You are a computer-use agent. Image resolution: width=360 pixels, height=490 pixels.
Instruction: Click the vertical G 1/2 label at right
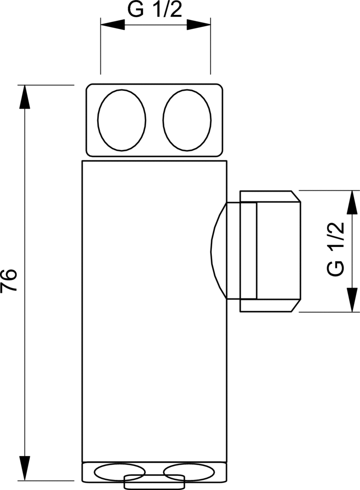click(x=336, y=248)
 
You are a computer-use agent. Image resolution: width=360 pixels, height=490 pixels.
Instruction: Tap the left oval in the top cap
click(x=121, y=120)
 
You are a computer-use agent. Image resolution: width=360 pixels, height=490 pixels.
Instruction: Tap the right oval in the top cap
click(x=187, y=120)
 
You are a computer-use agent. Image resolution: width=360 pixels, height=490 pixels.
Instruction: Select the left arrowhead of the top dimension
click(x=112, y=25)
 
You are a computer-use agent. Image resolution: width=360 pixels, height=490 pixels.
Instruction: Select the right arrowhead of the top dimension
click(x=198, y=25)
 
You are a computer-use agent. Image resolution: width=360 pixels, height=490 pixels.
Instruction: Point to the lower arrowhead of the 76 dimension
click(x=25, y=468)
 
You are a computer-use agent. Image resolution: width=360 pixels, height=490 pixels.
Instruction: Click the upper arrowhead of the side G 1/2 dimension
click(x=352, y=202)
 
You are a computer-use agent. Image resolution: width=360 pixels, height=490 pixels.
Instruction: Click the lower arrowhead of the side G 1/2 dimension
click(x=352, y=300)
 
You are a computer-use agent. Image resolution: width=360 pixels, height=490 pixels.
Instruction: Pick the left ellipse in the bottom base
click(x=119, y=472)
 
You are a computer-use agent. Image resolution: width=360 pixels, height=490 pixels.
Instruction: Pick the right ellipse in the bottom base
click(x=189, y=472)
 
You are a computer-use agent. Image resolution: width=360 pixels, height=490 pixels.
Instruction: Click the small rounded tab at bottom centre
click(x=154, y=482)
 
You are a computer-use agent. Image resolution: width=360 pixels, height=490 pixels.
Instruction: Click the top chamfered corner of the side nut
click(x=296, y=197)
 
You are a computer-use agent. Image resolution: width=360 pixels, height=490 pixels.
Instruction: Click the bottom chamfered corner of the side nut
click(x=296, y=305)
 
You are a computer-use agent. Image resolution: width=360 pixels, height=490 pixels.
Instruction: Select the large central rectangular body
click(x=154, y=311)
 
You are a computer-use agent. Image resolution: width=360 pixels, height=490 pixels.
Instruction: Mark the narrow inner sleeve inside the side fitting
click(x=249, y=251)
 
